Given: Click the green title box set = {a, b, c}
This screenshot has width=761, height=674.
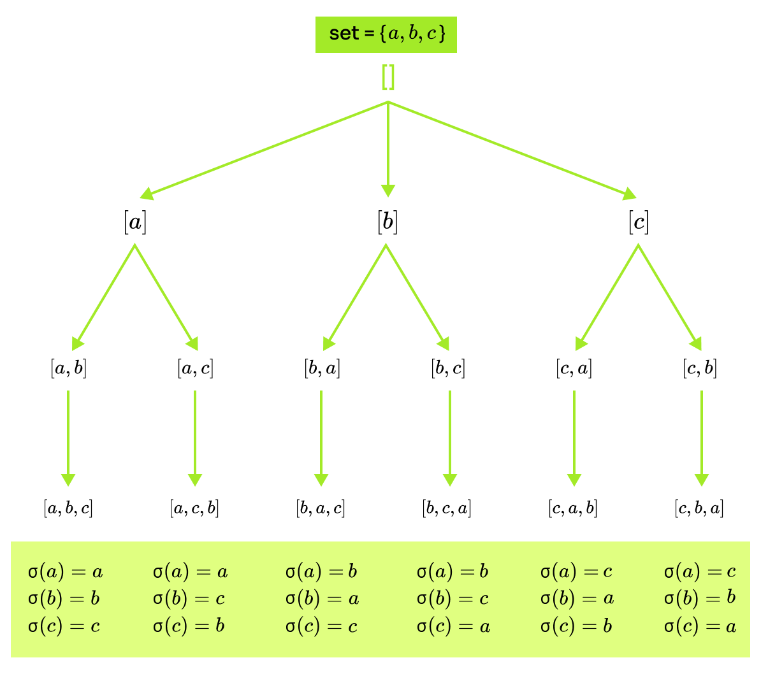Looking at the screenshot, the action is [x=386, y=34].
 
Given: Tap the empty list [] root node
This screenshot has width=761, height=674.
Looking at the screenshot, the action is [x=388, y=77].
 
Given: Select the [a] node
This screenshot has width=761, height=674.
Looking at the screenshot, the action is [x=135, y=222].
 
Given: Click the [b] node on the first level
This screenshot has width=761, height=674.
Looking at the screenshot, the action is [x=388, y=222].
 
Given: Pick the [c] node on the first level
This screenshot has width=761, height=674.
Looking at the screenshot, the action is [x=639, y=222].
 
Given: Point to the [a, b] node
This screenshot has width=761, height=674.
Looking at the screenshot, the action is [x=68, y=368].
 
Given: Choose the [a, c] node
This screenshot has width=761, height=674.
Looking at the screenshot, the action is [x=195, y=368].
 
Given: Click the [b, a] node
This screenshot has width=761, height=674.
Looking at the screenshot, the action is [x=322, y=368].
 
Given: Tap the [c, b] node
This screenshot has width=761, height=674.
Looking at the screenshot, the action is [x=700, y=368].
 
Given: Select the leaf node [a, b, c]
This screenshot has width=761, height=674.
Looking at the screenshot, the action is [x=68, y=508].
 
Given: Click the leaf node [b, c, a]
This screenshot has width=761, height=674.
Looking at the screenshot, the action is [x=447, y=508].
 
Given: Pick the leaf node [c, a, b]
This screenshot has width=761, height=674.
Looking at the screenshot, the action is [x=573, y=508].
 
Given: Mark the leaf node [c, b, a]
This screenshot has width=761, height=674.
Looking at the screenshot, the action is [x=699, y=508].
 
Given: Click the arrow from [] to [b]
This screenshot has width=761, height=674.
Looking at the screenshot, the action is [x=388, y=150].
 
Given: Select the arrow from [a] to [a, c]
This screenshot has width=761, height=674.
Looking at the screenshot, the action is [x=166, y=298].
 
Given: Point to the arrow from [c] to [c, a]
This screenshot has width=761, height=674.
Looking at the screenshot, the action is [x=607, y=298].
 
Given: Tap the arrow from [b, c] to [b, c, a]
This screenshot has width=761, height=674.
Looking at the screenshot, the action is [x=450, y=438].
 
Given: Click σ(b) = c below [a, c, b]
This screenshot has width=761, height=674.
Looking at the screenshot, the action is [x=189, y=599].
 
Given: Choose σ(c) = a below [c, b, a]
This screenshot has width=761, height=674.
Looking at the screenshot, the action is [x=700, y=626].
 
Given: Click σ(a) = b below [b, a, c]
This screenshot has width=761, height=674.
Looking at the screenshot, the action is [x=321, y=571].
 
